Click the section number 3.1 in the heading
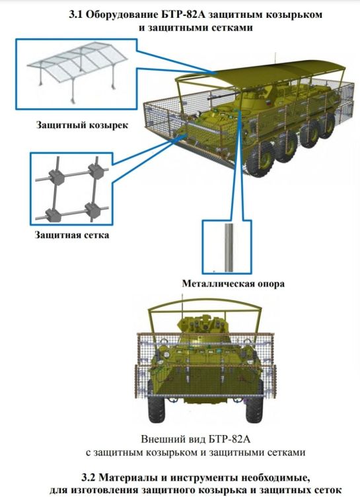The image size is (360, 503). pyautogui.click(x=76, y=15)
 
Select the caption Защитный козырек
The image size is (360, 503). pyautogui.click(x=82, y=125)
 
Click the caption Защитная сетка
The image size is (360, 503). pyautogui.click(x=72, y=235)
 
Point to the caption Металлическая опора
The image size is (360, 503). pyautogui.click(x=233, y=284)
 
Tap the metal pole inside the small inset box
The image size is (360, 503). pyautogui.click(x=229, y=248)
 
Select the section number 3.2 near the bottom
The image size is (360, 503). pyautogui.click(x=89, y=478)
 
